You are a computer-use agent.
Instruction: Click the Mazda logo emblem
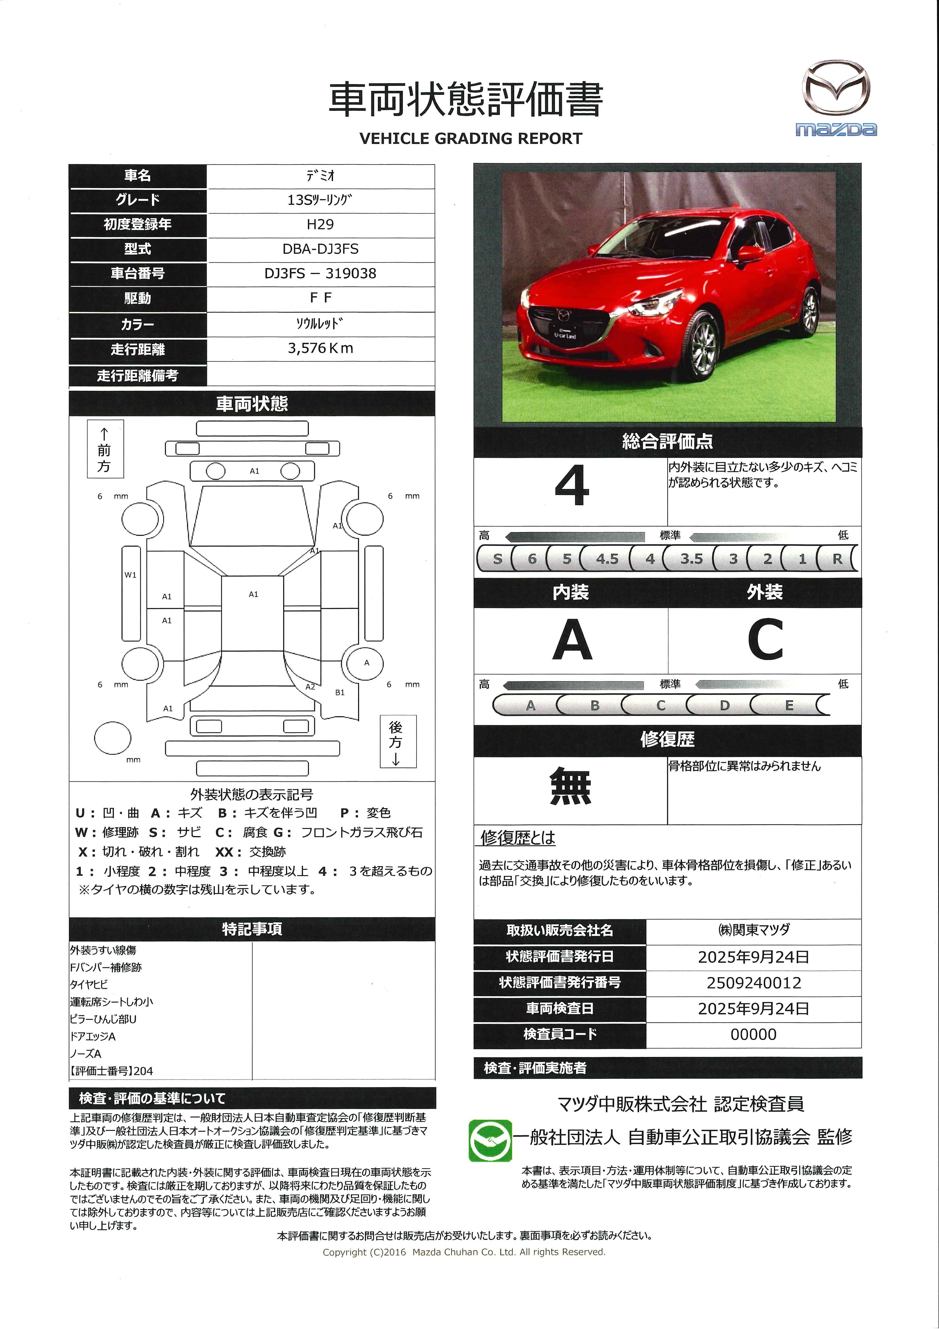click(x=836, y=88)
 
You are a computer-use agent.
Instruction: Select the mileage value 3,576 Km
click(x=320, y=348)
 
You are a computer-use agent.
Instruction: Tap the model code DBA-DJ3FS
click(x=320, y=249)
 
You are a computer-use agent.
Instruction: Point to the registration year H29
click(x=320, y=224)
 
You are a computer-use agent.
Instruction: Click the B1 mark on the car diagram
click(x=340, y=692)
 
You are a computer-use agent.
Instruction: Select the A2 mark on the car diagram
click(x=310, y=687)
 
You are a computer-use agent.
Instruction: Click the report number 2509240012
click(x=753, y=983)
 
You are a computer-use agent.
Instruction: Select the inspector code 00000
click(x=753, y=1034)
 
